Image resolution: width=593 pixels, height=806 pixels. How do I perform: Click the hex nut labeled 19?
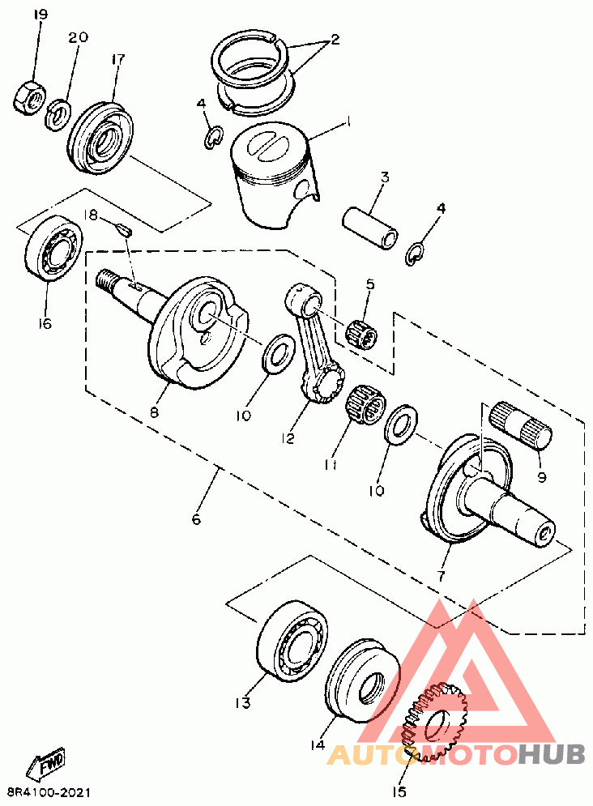(29, 97)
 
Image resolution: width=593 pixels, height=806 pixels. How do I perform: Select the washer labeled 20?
(57, 115)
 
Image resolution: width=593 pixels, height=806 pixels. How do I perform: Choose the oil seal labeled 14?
(363, 679)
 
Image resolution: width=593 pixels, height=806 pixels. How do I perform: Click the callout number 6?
(196, 519)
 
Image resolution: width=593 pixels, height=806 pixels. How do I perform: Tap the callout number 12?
(288, 438)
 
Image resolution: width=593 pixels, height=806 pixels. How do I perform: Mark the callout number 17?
(117, 60)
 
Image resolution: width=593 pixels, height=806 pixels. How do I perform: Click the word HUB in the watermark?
(552, 753)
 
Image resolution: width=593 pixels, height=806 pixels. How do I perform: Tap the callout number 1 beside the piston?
(349, 122)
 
